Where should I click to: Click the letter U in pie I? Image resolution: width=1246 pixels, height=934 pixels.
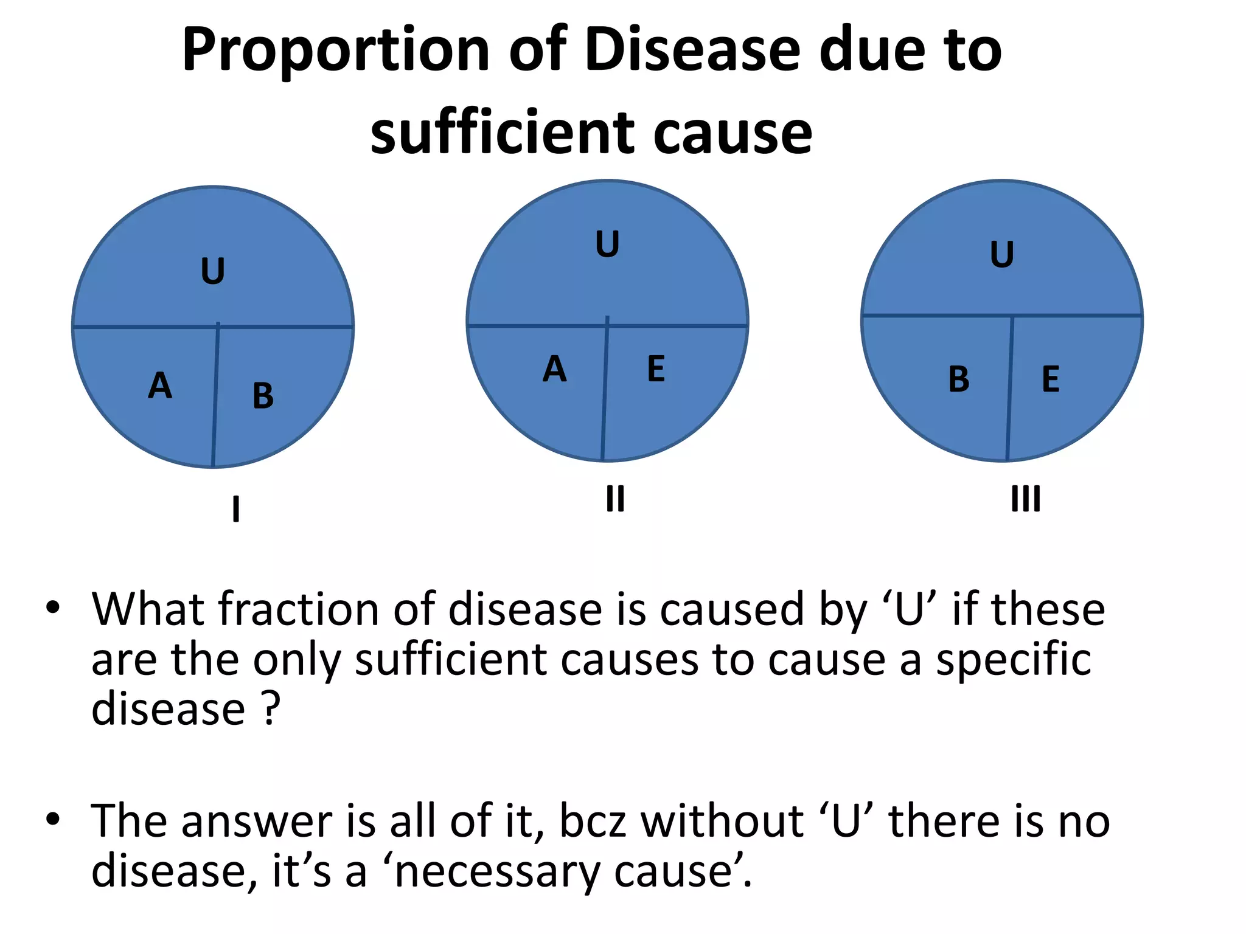pyautogui.click(x=213, y=271)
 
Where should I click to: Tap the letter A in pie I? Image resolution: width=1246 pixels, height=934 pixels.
pyautogui.click(x=160, y=386)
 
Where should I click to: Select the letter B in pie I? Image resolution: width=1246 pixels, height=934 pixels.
pyautogui.click(x=263, y=396)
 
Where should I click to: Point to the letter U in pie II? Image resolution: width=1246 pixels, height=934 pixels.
pyautogui.click(x=607, y=244)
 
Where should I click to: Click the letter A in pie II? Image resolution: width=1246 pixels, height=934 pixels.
pyautogui.click(x=554, y=369)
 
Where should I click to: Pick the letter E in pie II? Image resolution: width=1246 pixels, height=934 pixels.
pyautogui.click(x=656, y=369)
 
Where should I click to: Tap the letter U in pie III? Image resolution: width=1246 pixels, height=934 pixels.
pyautogui.click(x=1002, y=255)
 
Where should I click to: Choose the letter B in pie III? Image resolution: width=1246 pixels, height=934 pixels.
pyautogui.click(x=959, y=379)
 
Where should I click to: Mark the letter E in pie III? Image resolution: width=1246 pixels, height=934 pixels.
pyautogui.click(x=1051, y=379)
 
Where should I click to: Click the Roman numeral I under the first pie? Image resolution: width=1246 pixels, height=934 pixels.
pyautogui.click(x=236, y=509)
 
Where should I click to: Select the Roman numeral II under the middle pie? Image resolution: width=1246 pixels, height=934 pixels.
pyautogui.click(x=615, y=499)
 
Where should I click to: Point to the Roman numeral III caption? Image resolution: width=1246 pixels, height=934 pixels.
pyautogui.click(x=1026, y=499)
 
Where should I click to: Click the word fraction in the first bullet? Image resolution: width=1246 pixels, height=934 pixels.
pyautogui.click(x=296, y=609)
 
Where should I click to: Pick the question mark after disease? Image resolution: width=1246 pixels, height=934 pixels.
pyautogui.click(x=271, y=708)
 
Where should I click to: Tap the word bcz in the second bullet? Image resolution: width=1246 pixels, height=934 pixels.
pyautogui.click(x=593, y=822)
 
